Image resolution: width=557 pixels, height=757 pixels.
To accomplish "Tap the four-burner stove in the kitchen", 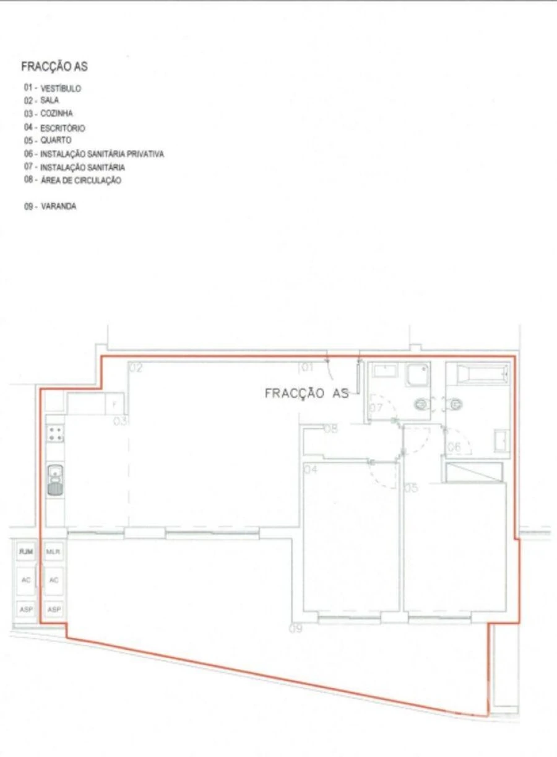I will tap(55, 433).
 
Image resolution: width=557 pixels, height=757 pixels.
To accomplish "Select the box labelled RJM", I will tap(26, 551).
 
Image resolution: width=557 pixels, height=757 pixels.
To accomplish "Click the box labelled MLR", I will tap(54, 551).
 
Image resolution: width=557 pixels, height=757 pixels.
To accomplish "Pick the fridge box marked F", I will tap(114, 404).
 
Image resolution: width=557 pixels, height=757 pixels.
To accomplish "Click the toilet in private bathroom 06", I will tap(456, 405).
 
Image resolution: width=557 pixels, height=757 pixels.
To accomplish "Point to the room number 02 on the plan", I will tap(136, 368).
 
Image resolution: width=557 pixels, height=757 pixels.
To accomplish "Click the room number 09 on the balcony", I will tap(296, 629).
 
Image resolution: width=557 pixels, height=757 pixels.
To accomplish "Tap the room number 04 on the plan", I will tap(310, 470).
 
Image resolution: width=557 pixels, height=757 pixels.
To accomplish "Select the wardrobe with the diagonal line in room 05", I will tap(474, 472).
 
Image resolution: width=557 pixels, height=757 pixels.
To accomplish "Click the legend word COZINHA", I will tap(56, 114).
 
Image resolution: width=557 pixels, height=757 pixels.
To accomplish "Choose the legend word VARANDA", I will tap(58, 207).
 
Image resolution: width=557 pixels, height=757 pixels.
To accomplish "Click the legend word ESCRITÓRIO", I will tap(63, 128).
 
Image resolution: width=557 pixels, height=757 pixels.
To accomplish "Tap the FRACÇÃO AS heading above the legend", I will tap(54, 67).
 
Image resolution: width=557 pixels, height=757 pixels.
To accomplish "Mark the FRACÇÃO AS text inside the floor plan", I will tap(306, 393).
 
